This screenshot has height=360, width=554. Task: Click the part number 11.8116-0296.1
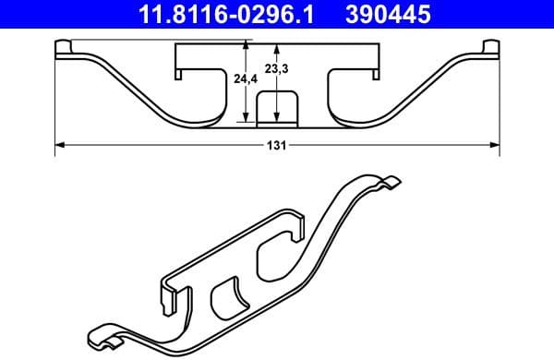(223, 14)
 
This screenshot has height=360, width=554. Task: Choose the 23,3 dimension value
(275, 68)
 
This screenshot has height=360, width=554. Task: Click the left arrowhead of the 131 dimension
(60, 144)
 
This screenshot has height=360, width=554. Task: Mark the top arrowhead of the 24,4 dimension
(245, 43)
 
